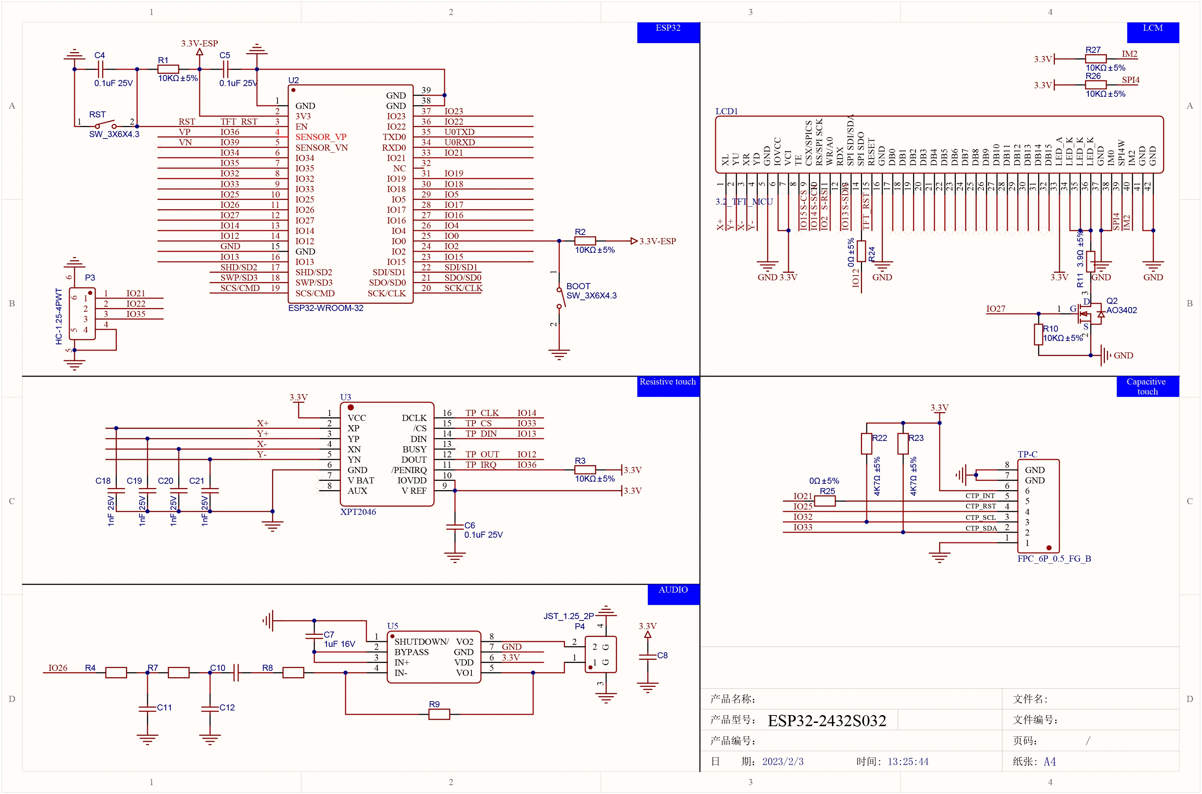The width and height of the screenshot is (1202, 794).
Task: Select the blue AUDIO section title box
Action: tap(673, 594)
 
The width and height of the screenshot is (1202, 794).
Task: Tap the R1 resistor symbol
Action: tap(168, 69)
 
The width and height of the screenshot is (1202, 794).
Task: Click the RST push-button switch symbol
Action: tap(105, 125)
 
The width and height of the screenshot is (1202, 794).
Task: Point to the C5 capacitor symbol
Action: tap(225, 69)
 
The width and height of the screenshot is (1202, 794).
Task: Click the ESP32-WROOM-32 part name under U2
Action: tap(326, 308)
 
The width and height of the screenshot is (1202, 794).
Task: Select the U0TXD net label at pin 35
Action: tap(460, 132)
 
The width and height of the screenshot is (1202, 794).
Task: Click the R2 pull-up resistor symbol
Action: tap(585, 241)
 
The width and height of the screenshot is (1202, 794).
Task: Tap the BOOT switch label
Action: tap(578, 286)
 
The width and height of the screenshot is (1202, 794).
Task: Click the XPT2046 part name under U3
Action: tap(358, 512)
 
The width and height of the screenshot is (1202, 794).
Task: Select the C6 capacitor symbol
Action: tap(455, 527)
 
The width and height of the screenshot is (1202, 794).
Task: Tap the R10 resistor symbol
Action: tap(1038, 334)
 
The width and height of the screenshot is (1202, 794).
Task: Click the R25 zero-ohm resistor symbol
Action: tap(825, 501)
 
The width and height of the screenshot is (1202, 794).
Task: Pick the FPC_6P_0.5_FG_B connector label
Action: tap(1054, 558)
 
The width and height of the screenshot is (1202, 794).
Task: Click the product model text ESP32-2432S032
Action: tap(827, 720)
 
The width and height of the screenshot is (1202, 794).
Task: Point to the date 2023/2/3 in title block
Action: tap(783, 762)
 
